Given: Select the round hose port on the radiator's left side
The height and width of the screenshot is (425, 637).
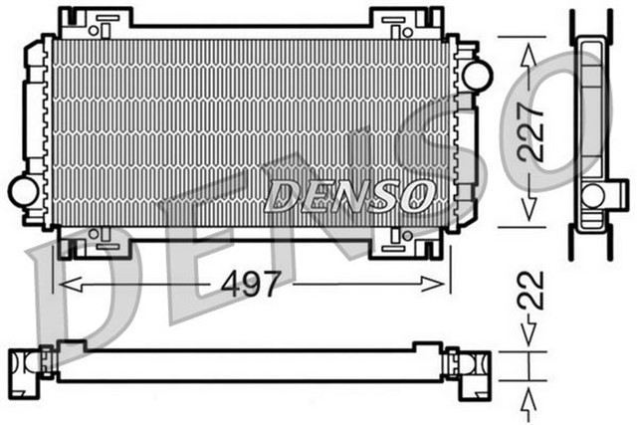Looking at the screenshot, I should (22, 186).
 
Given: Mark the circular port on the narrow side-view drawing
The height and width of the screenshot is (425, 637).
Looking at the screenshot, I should (593, 195).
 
